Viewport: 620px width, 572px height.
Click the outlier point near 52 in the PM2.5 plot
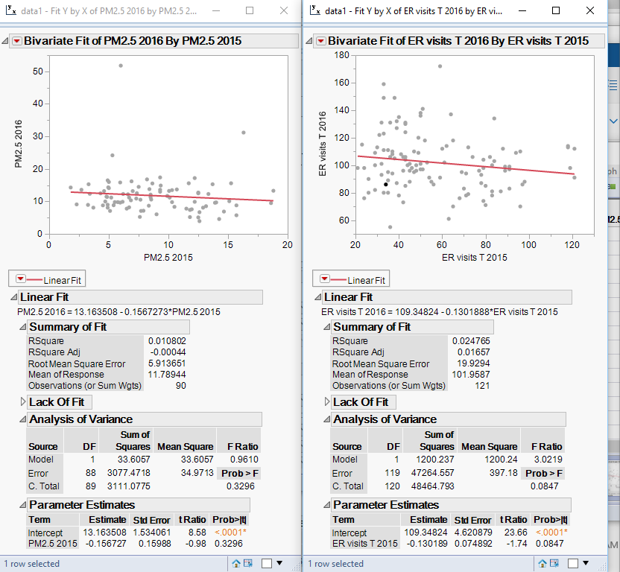[121, 66]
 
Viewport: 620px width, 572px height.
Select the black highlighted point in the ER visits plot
[385, 184]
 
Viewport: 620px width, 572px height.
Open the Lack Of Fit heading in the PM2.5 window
[60, 402]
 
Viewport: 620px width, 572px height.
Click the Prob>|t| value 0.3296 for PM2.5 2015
[230, 544]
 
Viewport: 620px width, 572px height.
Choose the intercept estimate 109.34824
[428, 533]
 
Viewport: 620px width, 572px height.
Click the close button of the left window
[283, 11]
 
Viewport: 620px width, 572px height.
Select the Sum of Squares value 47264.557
[428, 473]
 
